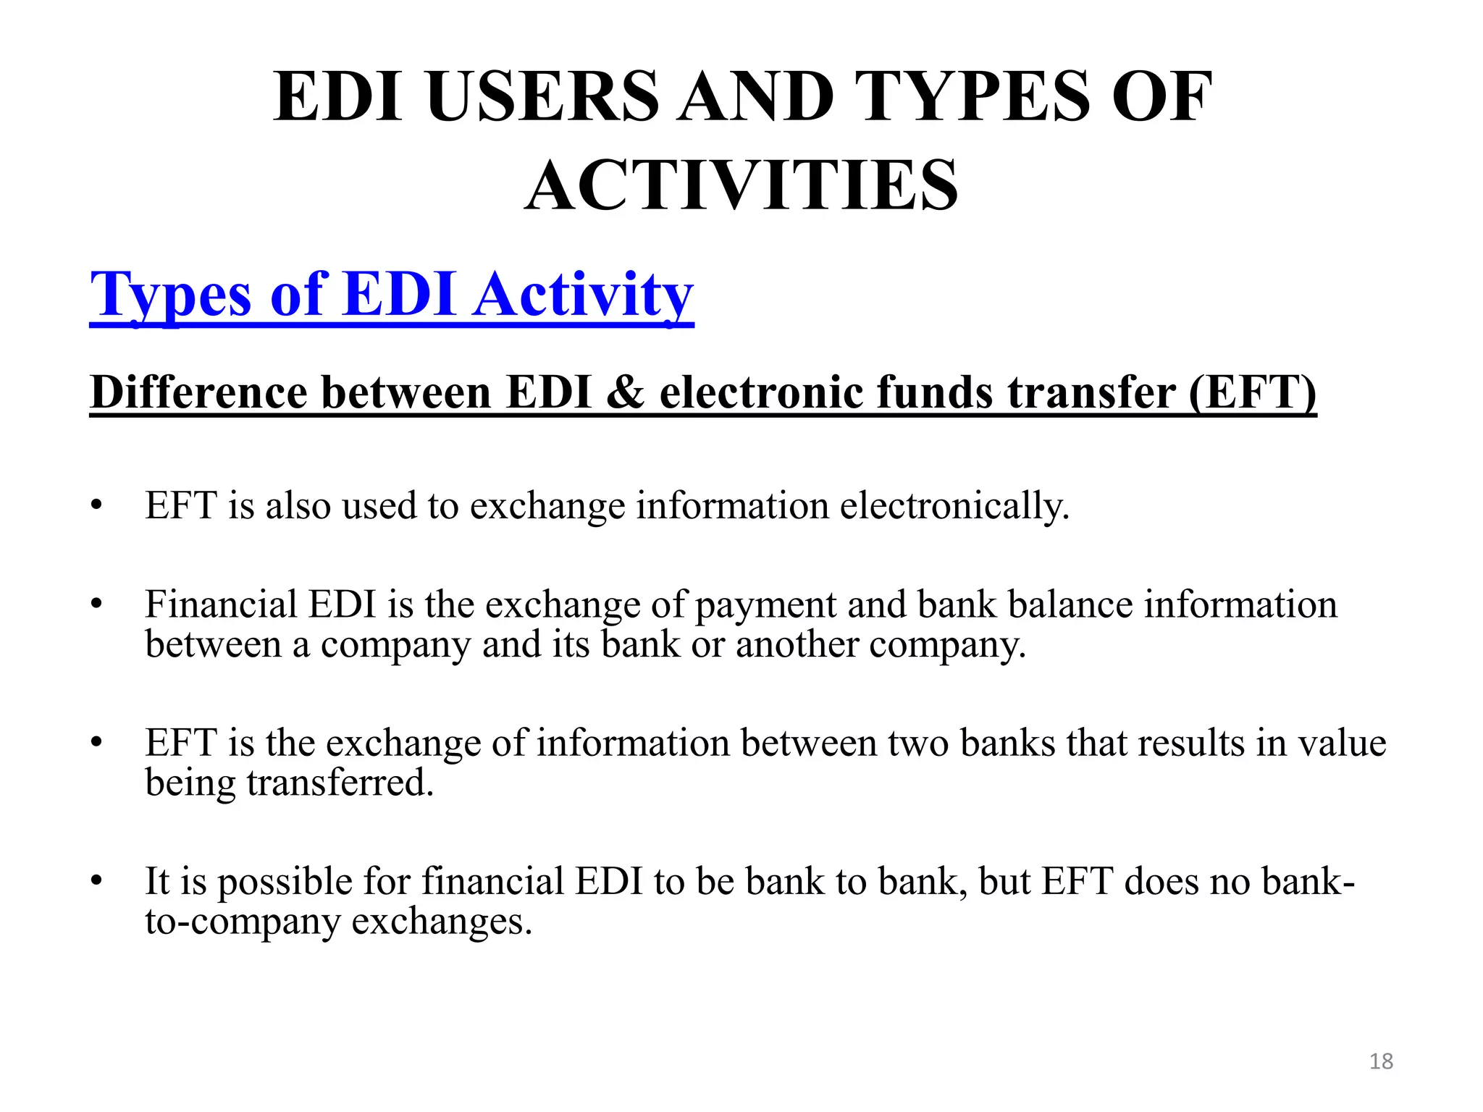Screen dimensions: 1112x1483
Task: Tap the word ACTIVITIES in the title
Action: [741, 186]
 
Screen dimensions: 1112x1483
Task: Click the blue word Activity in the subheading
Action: [584, 295]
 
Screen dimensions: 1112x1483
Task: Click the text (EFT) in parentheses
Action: [1252, 392]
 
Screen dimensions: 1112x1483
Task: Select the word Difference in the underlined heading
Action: [198, 392]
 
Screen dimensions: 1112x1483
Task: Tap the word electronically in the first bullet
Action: [954, 505]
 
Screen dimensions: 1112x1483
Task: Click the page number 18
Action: [1381, 1061]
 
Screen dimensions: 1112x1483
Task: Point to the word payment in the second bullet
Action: [765, 605]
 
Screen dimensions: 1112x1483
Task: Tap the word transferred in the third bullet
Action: [340, 783]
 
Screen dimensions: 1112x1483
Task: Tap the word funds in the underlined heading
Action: [935, 392]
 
